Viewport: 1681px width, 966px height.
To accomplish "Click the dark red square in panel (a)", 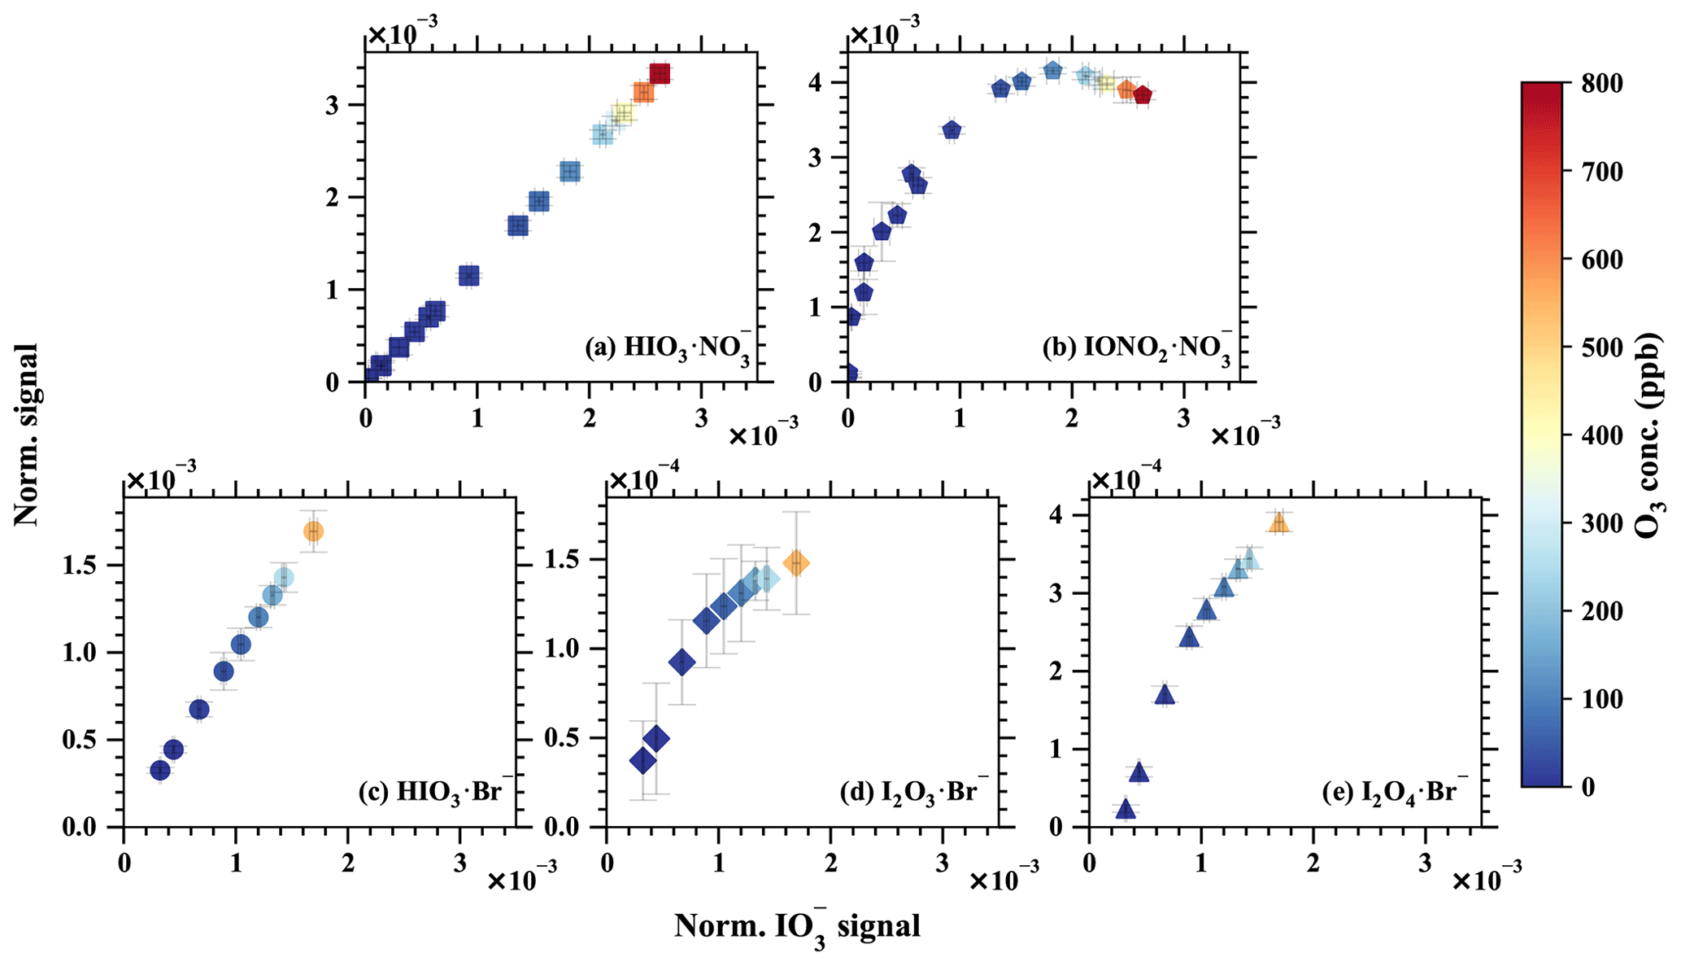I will click(x=660, y=74).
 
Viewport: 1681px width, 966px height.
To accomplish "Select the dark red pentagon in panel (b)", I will click(x=1143, y=95).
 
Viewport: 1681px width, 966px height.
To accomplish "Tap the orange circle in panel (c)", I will click(x=313, y=531).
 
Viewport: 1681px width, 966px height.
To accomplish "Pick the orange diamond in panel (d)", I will click(x=796, y=563).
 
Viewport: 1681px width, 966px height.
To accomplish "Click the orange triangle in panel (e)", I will click(x=1279, y=523).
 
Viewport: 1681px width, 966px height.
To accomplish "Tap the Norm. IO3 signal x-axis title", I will click(x=797, y=928).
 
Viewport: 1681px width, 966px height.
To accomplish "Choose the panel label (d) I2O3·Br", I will click(x=914, y=792).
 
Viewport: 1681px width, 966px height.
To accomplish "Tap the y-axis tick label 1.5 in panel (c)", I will click(x=81, y=566).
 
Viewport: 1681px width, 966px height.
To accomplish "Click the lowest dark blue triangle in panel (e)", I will click(x=1126, y=809).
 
